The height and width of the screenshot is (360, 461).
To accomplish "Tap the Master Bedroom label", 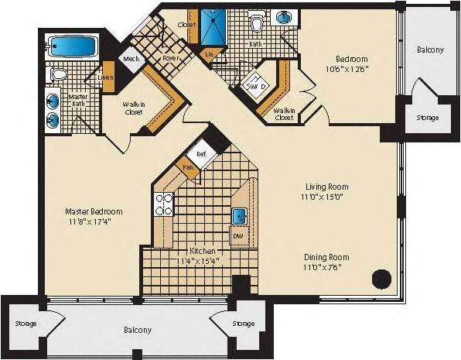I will [94, 211].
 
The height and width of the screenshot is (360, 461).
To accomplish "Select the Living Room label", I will [327, 187].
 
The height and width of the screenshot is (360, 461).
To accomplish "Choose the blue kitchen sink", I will [239, 216].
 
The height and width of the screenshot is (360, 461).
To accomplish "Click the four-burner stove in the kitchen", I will [165, 204].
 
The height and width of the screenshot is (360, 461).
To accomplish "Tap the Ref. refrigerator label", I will [202, 153].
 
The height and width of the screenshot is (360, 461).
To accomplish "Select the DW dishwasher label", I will [238, 235].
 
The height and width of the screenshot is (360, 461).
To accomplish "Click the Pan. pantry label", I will [187, 166].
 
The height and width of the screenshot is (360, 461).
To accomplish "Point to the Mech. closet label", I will [131, 59].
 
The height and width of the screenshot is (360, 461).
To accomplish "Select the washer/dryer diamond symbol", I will [254, 86].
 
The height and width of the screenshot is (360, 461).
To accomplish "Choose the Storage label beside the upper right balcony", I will [427, 118].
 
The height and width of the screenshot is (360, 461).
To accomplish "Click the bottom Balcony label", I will [138, 330].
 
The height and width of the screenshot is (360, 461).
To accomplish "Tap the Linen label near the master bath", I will [107, 76].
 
